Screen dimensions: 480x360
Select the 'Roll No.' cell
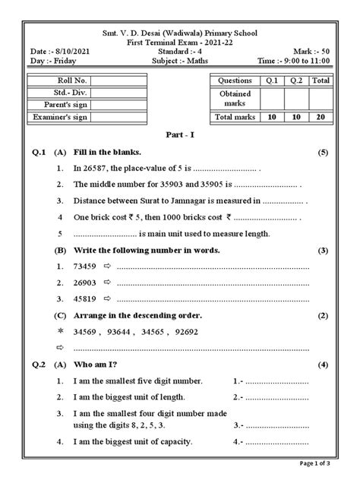[x=69, y=80]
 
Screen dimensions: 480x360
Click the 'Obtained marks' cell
[x=234, y=97]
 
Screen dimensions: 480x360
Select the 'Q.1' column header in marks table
[x=270, y=80]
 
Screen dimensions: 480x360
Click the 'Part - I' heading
[x=180, y=134]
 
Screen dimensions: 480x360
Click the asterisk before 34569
[x=60, y=331]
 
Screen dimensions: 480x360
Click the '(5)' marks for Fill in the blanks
[x=322, y=153]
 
